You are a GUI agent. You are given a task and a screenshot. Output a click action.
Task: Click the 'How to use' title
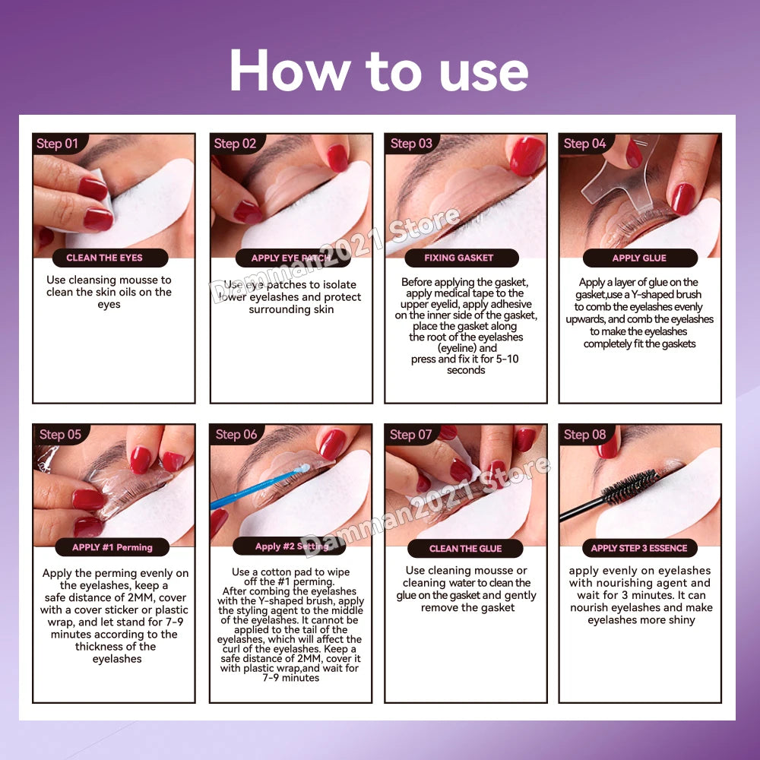pyautogui.click(x=379, y=71)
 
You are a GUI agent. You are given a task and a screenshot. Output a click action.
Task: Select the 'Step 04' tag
pyautogui.click(x=585, y=144)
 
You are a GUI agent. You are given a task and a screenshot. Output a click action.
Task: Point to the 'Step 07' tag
pyautogui.click(x=411, y=434)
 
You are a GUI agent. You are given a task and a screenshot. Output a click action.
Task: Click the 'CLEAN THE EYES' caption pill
pyautogui.click(x=110, y=258)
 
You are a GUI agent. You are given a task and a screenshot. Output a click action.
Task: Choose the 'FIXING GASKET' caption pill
pyautogui.click(x=461, y=258)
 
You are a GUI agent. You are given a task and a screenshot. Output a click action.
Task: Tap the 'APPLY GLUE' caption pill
pyautogui.click(x=640, y=258)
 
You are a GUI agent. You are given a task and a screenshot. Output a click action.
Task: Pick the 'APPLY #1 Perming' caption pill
pyautogui.click(x=112, y=547)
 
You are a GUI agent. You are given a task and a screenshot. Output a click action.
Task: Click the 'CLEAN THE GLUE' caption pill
pyautogui.click(x=465, y=548)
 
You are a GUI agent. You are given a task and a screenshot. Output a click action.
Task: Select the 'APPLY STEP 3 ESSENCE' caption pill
pyautogui.click(x=639, y=548)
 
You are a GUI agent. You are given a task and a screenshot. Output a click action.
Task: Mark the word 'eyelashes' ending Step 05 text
pyautogui.click(x=117, y=659)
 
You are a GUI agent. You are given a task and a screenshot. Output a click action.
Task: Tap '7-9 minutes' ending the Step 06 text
pyautogui.click(x=291, y=678)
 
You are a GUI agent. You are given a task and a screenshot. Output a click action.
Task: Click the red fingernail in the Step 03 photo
pyautogui.click(x=527, y=155)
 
